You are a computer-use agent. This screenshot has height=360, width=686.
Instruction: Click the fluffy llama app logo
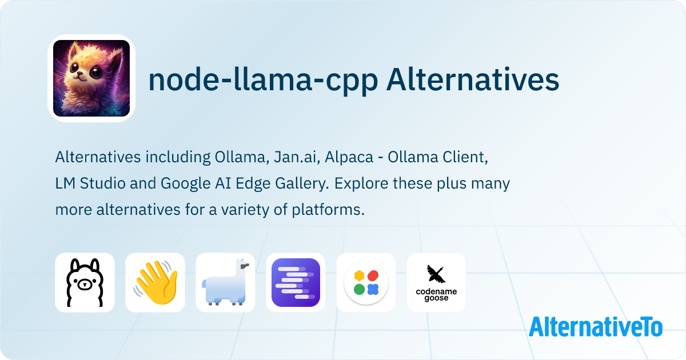coord(91,78)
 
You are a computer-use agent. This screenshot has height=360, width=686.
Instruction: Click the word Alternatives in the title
coord(472,81)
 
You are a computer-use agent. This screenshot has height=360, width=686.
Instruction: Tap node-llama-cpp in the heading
coord(262,81)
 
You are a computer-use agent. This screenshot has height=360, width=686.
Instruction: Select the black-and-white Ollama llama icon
coord(85,282)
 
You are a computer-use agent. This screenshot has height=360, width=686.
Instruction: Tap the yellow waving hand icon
coord(155,282)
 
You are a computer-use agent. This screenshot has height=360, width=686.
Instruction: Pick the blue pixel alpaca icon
coord(225,282)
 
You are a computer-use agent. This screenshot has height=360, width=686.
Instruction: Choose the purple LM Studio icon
coord(296,282)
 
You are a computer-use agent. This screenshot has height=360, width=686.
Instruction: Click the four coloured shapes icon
coord(366,282)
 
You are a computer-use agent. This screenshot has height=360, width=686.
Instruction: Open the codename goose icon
coord(436,282)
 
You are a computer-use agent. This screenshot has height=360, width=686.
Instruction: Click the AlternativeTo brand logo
coord(596,327)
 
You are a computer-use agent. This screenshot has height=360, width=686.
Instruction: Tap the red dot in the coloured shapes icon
coord(373,275)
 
